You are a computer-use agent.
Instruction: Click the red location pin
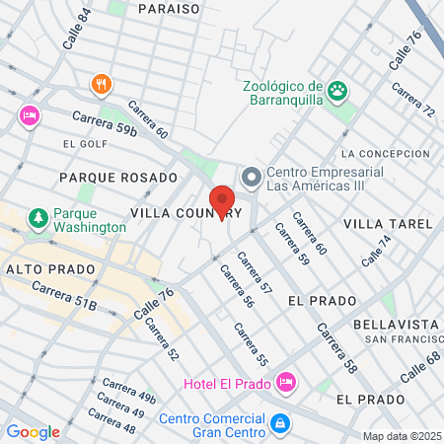(x=222, y=201)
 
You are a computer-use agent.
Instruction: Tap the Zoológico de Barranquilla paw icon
(x=338, y=90)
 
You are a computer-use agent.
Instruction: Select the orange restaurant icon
(x=100, y=84)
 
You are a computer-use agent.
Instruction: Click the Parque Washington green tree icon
(x=37, y=216)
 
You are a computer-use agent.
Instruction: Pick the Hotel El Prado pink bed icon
(x=285, y=380)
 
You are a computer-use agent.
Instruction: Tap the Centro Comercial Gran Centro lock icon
(x=281, y=422)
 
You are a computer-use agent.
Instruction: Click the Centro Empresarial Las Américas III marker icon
(x=251, y=178)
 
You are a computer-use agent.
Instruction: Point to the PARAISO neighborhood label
(x=169, y=8)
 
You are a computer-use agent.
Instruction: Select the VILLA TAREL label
(x=388, y=224)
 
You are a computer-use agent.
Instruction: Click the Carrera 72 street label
(x=413, y=100)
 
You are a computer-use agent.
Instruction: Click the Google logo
(x=33, y=431)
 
